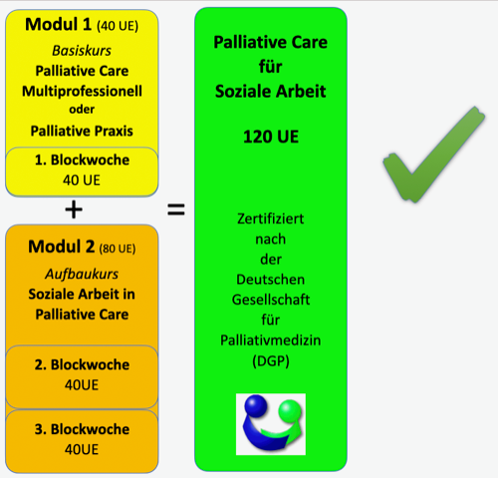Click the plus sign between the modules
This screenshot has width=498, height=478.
(74, 209)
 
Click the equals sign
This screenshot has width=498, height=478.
(176, 209)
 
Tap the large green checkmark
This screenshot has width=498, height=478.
(434, 154)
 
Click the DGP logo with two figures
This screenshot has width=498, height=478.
(271, 424)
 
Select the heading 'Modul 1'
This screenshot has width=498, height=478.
(58, 25)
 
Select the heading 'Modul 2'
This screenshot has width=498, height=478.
(62, 247)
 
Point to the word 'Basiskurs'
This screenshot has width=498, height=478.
(82, 51)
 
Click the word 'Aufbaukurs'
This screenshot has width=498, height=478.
(82, 274)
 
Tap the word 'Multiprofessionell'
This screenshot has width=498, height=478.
(82, 92)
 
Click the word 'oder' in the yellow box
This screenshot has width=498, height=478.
(82, 110)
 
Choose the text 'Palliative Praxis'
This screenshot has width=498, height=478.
(82, 131)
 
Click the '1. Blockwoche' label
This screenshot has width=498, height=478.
(82, 160)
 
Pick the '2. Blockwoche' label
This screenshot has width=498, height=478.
(82, 364)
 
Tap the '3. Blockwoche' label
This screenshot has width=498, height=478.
(82, 429)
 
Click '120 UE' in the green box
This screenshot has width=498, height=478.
(271, 136)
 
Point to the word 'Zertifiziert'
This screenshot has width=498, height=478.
(271, 219)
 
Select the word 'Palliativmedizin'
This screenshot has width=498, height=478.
(271, 341)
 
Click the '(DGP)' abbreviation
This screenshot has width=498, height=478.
(271, 360)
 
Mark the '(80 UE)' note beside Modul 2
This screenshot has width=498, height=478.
(118, 249)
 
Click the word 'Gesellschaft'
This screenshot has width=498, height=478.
(271, 300)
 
